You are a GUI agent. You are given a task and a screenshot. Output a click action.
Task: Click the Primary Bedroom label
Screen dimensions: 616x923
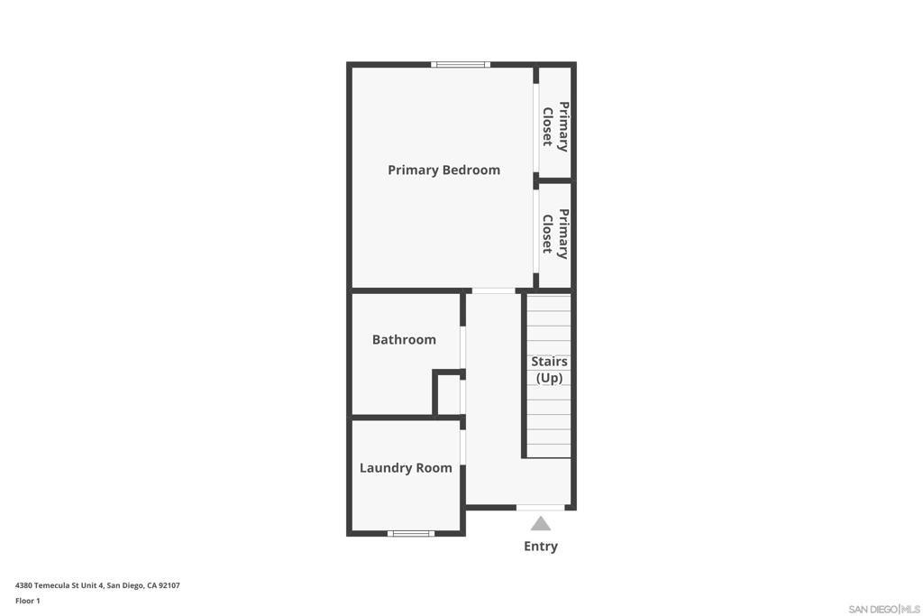[x=443, y=170]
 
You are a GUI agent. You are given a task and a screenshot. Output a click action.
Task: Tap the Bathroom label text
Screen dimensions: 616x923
[x=404, y=339]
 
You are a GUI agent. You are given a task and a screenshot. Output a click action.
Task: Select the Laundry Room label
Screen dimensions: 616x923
[x=406, y=467]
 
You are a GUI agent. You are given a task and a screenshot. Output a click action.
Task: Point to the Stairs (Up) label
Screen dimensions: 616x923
[x=549, y=370]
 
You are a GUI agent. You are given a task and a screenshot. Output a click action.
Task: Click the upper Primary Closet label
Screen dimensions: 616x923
[x=555, y=124]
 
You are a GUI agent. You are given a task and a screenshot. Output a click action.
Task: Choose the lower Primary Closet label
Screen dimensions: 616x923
[x=555, y=234]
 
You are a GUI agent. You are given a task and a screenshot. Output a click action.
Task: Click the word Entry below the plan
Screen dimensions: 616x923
[x=541, y=546]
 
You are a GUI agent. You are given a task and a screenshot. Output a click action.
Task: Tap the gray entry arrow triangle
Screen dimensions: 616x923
[x=541, y=523]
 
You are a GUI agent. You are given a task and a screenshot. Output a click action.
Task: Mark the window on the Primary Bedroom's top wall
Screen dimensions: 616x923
[x=461, y=65]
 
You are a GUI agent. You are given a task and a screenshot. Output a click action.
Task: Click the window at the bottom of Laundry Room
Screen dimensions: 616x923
[x=411, y=533]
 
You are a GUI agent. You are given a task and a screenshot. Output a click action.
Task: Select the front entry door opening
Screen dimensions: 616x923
[x=541, y=507]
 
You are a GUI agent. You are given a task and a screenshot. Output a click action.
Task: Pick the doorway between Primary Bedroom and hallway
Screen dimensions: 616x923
[x=494, y=290]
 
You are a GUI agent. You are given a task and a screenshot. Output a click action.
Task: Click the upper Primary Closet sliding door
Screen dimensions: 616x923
[x=536, y=128]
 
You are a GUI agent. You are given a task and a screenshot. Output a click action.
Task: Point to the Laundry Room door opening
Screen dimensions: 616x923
[x=462, y=447]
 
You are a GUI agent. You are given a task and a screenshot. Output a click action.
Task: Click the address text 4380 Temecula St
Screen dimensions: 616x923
[x=97, y=585]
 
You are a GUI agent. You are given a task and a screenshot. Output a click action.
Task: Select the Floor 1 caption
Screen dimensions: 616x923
[x=28, y=601]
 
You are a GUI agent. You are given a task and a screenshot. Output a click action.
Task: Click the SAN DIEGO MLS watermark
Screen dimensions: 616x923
[x=884, y=609]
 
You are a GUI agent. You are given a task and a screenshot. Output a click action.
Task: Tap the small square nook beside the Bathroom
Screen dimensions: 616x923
[x=448, y=395]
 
